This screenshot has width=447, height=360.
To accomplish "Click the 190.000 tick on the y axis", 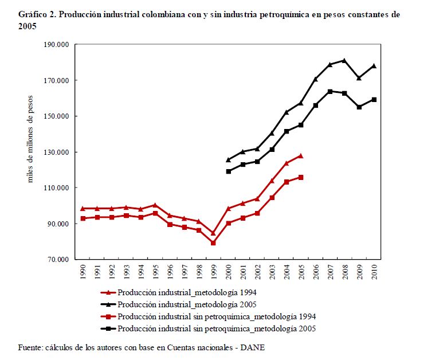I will click(56, 45).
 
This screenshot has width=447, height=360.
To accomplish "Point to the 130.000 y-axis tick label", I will click(56, 152).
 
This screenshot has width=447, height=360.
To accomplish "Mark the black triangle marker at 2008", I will click(344, 60).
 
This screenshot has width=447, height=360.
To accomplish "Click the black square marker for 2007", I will click(330, 91).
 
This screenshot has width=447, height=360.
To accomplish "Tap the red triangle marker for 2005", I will click(301, 156).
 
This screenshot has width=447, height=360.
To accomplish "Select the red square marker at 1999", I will click(213, 243).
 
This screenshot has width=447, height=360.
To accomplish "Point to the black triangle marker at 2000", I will click(228, 160).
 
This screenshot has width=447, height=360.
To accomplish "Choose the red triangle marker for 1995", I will click(155, 205).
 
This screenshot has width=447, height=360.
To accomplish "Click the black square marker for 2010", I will click(374, 99).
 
